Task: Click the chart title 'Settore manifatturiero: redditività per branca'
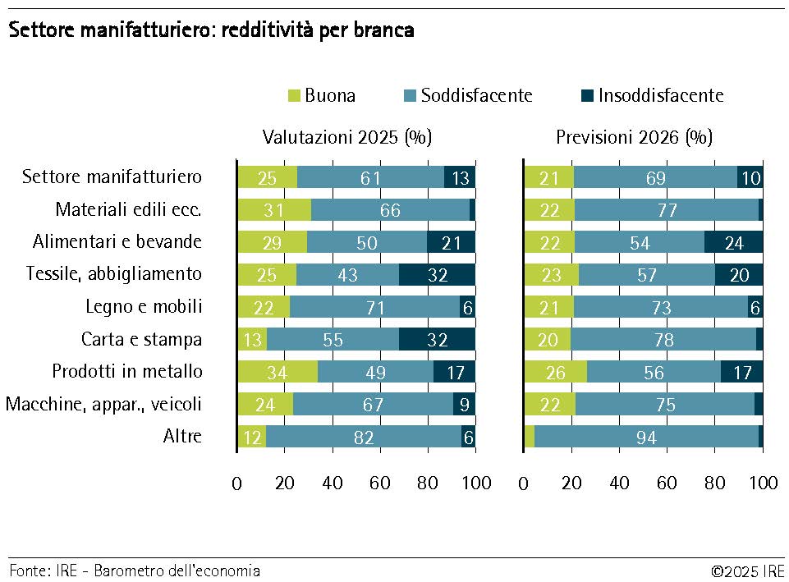coord(211,31)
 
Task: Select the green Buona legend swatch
coord(294,95)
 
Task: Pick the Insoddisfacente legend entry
coord(660,95)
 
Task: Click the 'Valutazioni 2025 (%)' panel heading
coord(346,137)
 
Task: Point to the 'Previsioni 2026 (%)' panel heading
coord(634,137)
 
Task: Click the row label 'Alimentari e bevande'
coord(117,242)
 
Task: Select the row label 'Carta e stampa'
coord(141,339)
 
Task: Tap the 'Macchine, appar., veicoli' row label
coord(103,404)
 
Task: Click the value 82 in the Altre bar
coord(363,437)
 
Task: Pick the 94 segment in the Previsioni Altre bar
coord(646,437)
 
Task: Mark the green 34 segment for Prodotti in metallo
coord(278,372)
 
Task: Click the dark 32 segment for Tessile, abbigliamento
coord(437,275)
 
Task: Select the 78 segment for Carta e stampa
coord(663,340)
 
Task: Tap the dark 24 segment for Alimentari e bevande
coord(733,242)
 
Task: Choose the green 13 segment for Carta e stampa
coord(252,340)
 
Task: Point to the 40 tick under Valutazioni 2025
coord(333,483)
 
